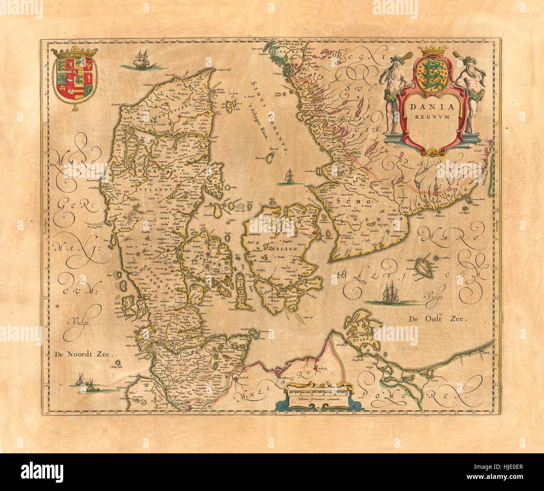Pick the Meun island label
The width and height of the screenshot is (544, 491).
coord(313,283)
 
